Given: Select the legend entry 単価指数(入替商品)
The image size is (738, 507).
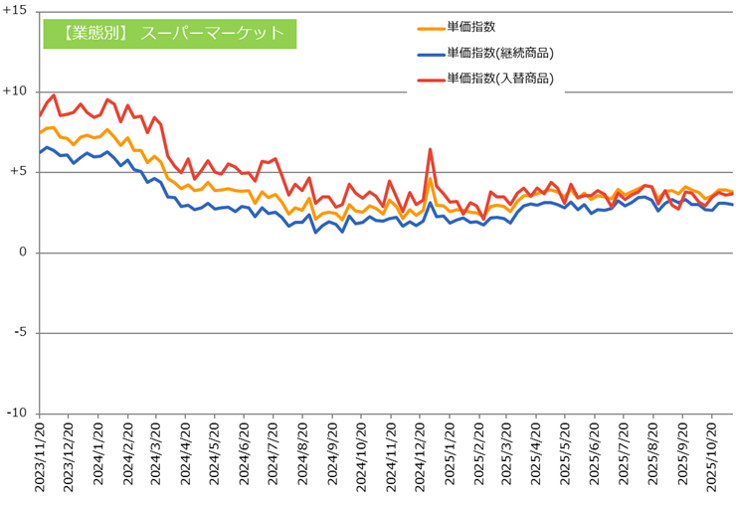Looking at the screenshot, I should [500, 78].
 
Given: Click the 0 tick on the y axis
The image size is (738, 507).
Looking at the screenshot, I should [24, 253].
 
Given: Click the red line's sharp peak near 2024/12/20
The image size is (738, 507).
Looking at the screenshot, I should [430, 150].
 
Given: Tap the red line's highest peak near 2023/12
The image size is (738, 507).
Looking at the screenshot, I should [54, 95].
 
